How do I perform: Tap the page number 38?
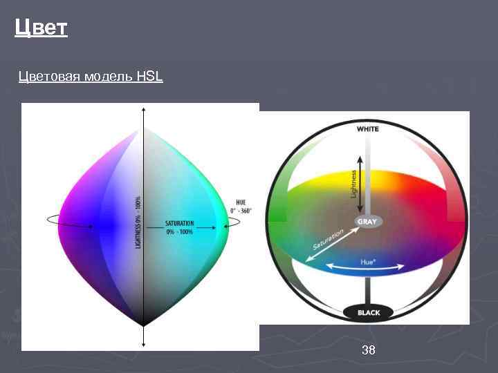point(369,351)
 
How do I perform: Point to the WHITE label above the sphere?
point(368,128)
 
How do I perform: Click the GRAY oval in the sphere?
point(367,222)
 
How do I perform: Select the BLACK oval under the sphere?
point(369,313)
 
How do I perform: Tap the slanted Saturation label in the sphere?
point(328,239)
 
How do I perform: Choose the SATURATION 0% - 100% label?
point(179,227)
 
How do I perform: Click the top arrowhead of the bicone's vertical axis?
point(143,110)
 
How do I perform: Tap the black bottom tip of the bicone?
point(143,322)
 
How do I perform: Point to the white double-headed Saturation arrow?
point(326,245)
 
